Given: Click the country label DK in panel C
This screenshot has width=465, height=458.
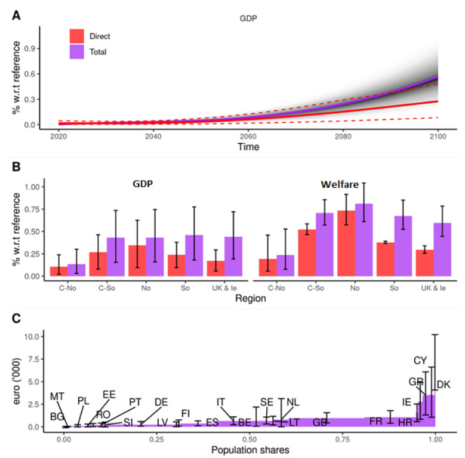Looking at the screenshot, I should (x=444, y=385).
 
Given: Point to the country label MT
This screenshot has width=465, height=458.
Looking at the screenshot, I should (x=57, y=397).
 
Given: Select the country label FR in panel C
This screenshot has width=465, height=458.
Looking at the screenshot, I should (x=375, y=422).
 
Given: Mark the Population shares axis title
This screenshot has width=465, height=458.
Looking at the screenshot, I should (x=249, y=450).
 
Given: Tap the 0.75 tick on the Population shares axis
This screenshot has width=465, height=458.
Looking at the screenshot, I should (x=343, y=438).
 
